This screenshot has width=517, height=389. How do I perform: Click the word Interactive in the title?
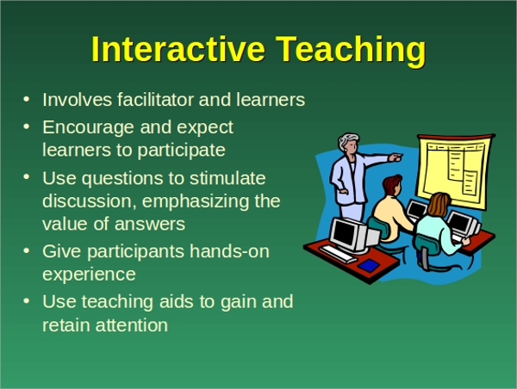178,49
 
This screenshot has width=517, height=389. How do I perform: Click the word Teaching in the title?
351,51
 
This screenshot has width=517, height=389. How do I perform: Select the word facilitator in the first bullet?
155,99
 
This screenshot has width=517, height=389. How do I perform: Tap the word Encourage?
89,128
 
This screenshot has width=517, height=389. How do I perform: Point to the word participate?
181,151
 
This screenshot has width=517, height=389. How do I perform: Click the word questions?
122,179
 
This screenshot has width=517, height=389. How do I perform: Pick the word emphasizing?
196,201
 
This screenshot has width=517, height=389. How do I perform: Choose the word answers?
150,225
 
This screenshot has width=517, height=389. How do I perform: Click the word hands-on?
229,251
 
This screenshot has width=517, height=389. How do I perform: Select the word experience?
89,275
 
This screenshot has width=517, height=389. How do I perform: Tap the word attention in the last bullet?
132,325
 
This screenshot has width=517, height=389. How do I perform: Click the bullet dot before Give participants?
27,251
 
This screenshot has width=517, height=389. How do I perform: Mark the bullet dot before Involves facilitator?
27,99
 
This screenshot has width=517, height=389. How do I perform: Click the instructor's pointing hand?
396,157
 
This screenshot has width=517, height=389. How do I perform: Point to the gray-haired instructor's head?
349,142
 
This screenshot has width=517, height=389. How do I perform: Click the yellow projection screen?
455,171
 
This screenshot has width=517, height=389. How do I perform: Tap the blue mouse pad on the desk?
369,265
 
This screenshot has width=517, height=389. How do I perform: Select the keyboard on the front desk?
338,254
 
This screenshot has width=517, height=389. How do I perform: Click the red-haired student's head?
392,184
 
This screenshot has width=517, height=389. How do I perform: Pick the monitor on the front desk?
352,236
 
